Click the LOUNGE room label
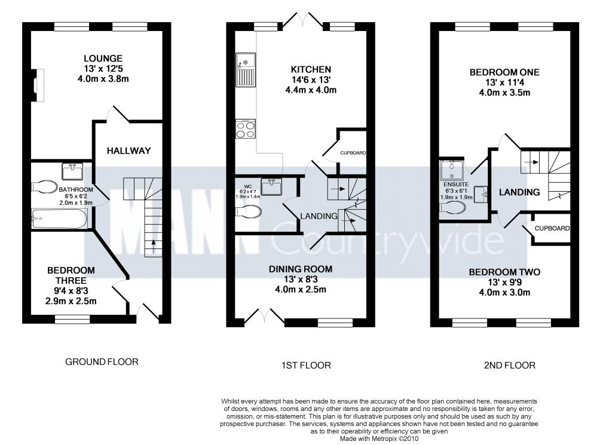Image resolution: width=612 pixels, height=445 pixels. pos(103,59)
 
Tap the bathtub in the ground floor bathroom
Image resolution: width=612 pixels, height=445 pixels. pos(59,219)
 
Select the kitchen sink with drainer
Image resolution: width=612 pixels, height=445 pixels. pos(246,70)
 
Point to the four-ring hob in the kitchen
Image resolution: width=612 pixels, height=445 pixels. pos(246,128)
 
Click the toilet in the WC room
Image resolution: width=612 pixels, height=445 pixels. pos(248,213)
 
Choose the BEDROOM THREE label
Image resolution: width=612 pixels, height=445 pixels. pos(71,275)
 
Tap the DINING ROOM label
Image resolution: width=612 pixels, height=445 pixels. pos(301,269)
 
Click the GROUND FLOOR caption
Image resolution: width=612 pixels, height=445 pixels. pos(102,362)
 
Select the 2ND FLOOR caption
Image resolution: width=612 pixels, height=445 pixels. pos(509,366)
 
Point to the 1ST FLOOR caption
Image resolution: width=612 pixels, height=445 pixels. pos(306,366)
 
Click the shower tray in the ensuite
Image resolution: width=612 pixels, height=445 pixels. pos(452,170)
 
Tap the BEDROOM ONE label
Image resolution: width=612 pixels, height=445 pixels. pos(504,72)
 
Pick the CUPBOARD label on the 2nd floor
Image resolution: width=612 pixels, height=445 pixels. pos(552,228)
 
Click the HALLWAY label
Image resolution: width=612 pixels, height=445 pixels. pos(129,151)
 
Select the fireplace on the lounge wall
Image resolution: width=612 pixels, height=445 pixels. pos(37,85)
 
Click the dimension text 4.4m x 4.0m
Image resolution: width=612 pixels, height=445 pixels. pos(311,90)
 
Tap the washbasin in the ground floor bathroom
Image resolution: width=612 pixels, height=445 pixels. pos(72,171)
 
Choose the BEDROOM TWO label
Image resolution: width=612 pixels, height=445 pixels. pos(504,272)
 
